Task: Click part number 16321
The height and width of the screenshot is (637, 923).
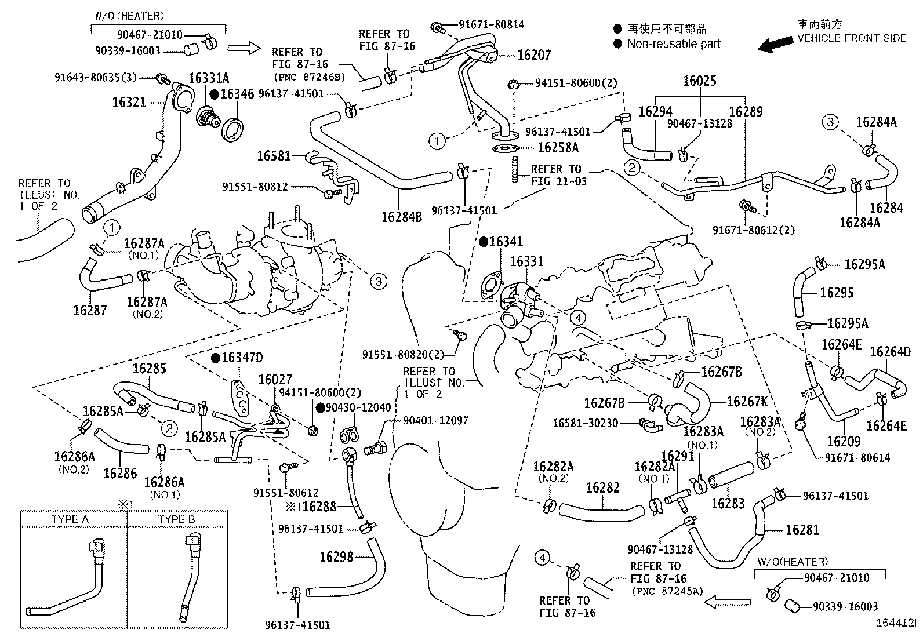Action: point(129,103)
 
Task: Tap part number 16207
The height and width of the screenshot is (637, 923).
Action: point(534,55)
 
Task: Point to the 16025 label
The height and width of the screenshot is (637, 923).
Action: point(699,81)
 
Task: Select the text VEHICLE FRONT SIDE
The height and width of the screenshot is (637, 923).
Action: point(851,38)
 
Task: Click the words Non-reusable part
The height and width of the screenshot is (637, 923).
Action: point(674,43)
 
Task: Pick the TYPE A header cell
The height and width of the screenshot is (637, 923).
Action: point(70,519)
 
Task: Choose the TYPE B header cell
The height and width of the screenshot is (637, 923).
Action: point(176,519)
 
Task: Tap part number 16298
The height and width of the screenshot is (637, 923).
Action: point(336,557)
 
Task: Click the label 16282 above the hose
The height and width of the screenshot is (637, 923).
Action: point(603,487)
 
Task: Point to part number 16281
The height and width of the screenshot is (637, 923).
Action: point(802,530)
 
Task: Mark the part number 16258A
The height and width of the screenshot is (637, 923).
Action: point(558,148)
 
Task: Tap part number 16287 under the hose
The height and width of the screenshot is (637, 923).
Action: point(90,310)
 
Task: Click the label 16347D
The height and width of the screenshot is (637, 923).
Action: point(242,358)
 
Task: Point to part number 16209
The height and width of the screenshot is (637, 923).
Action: point(844,442)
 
